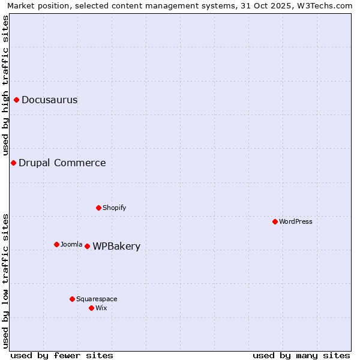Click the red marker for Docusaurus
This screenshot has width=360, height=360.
pos(17,100)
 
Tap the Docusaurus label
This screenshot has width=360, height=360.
pos(49,100)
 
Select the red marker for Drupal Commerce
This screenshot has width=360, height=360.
pos(13,163)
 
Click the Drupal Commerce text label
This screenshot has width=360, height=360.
pos(62,163)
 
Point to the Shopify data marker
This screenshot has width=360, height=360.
pos(99,208)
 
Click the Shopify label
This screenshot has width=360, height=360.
pos(114,208)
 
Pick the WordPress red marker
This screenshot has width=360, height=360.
pos(275,221)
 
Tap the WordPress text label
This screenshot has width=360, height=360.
pos(295,222)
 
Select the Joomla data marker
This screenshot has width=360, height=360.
pos(56,244)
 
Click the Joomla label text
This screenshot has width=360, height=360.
pos(71,245)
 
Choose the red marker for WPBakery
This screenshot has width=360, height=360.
pos(87,246)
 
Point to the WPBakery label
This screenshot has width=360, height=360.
pos(116,247)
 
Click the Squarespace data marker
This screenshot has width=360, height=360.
pos(72,299)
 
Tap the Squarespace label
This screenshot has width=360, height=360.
pos(97,299)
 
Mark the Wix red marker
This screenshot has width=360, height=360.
pos(91,308)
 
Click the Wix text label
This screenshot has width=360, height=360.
pos(101,308)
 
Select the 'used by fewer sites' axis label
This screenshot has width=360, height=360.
pos(62,356)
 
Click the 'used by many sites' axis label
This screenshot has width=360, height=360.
pos(301,356)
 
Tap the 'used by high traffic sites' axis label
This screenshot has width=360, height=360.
pos(5,86)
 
